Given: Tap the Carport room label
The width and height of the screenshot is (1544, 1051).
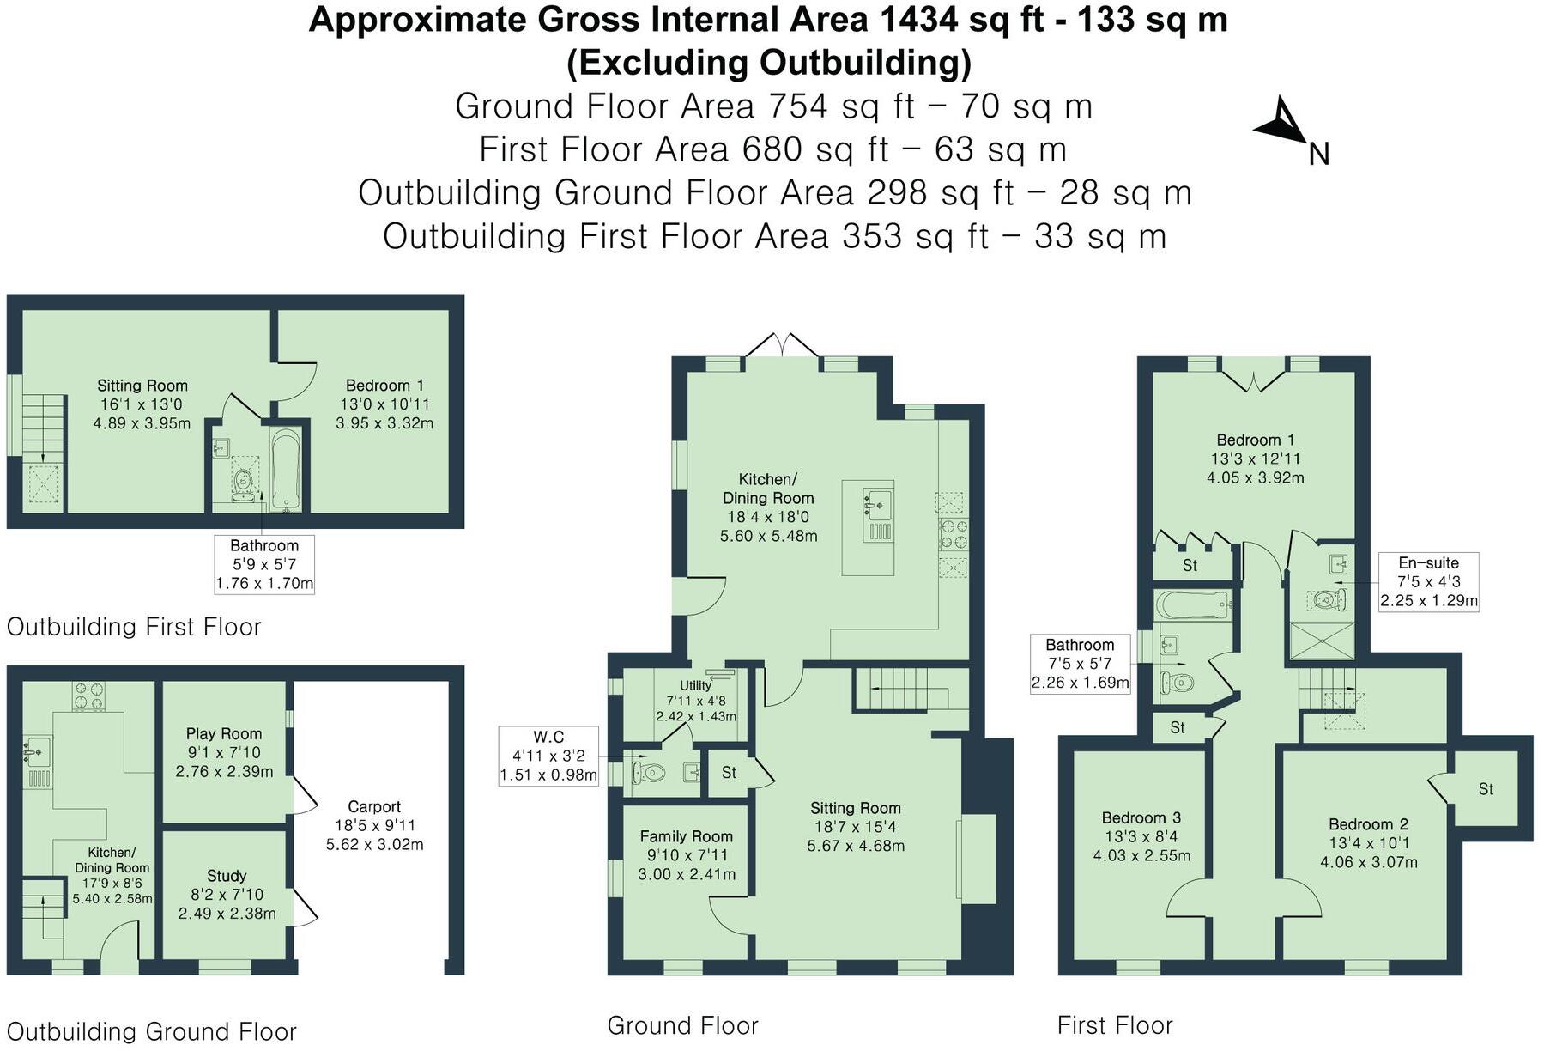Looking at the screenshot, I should coord(374,807).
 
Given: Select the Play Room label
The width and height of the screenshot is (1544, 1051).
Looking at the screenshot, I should coord(224,734).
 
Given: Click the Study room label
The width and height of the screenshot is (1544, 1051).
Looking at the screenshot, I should coord(227,876).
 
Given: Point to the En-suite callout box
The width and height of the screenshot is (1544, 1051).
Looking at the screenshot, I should coord(1428,582).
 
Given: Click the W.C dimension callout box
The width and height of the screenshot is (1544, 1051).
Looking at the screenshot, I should coord(548,756).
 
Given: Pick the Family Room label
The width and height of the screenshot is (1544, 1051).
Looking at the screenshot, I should coord(686,836).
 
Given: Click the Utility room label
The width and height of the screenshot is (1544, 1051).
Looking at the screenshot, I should coord(695,685).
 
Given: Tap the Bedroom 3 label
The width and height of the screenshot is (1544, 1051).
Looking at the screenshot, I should coord(1141,817).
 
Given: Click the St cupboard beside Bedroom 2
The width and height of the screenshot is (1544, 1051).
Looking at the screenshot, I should coord(1486,788).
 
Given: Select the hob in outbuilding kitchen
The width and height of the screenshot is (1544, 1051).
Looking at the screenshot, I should coord(88,696).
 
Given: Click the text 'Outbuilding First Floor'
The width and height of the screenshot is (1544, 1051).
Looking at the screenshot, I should coord(134,627).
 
